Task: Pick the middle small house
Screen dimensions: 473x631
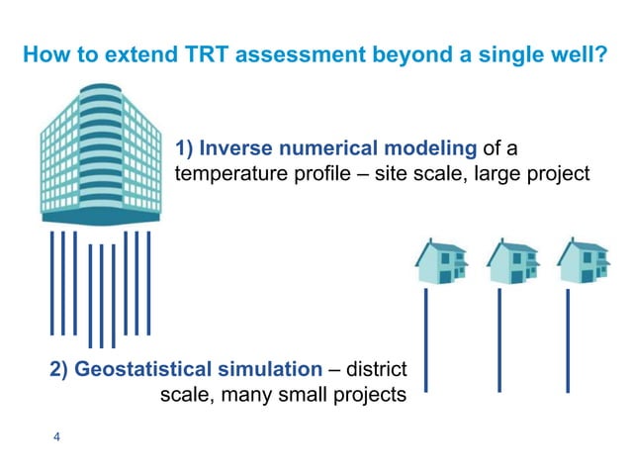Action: pyautogui.click(x=511, y=260)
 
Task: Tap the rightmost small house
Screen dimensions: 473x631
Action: pyautogui.click(x=582, y=260)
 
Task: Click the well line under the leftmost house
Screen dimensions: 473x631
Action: pyautogui.click(x=427, y=336)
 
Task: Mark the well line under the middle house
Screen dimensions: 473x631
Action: pyautogui.click(x=499, y=336)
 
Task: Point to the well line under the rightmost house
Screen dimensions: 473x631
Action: pyautogui.click(x=570, y=336)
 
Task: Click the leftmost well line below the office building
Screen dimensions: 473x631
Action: pyautogui.click(x=52, y=282)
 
